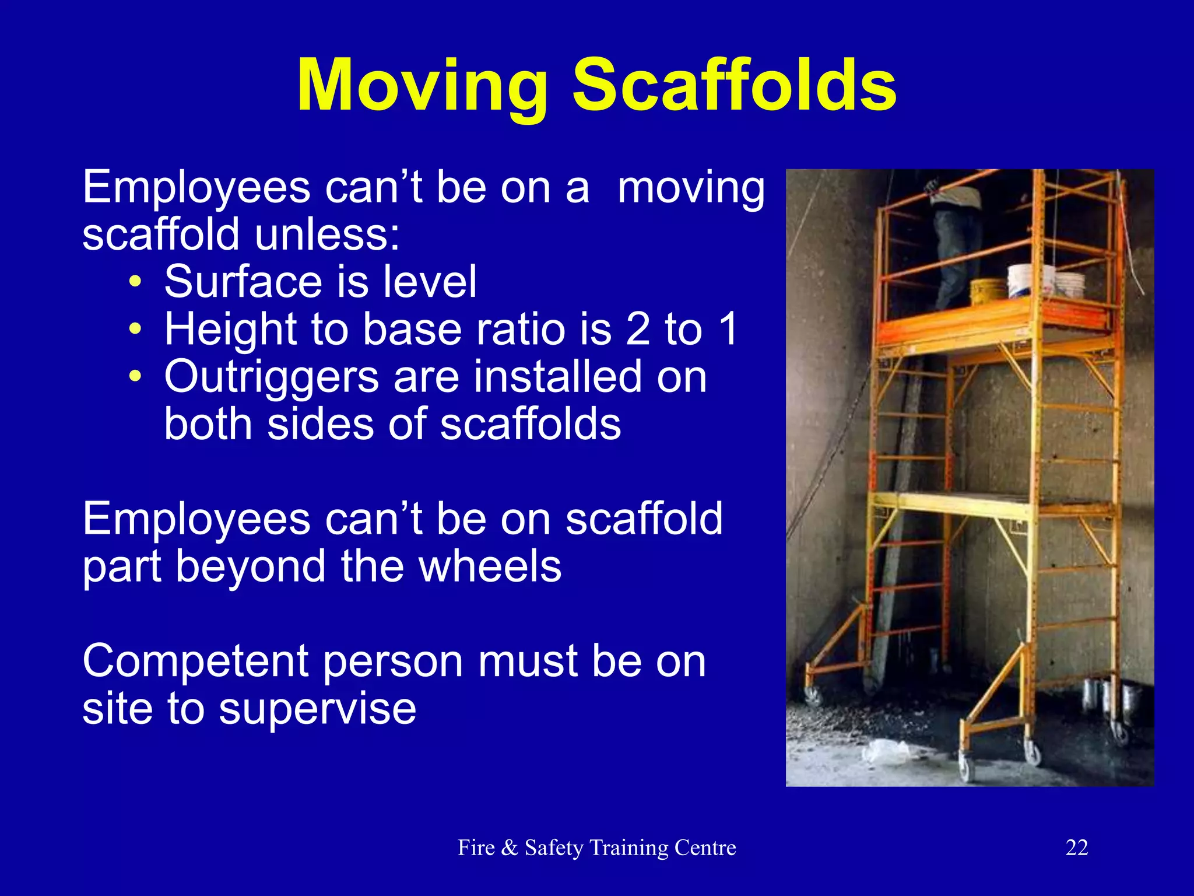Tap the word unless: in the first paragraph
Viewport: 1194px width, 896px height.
pyautogui.click(x=327, y=235)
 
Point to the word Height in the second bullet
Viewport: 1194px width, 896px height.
pyautogui.click(x=231, y=330)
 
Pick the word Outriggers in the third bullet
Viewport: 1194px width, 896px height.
pyautogui.click(x=272, y=377)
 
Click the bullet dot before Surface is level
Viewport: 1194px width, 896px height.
pyautogui.click(x=135, y=282)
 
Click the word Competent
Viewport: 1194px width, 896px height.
pyautogui.click(x=195, y=661)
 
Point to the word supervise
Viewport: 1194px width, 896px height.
pyautogui.click(x=317, y=709)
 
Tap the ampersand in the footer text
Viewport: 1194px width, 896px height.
pyautogui.click(x=509, y=848)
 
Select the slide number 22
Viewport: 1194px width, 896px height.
pyautogui.click(x=1077, y=848)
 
